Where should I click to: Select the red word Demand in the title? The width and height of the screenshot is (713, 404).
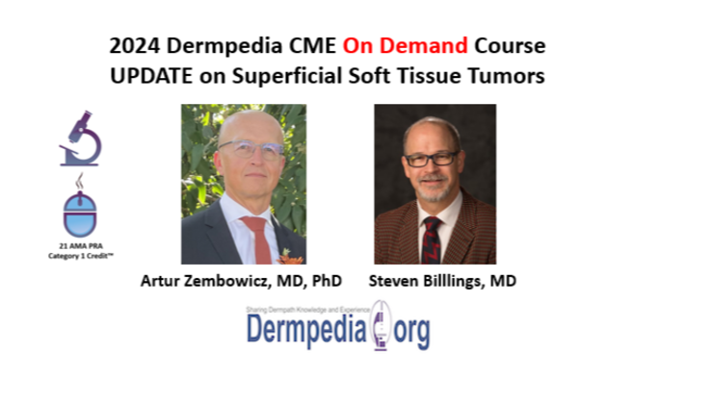pyautogui.click(x=431, y=45)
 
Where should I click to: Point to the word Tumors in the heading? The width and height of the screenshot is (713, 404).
pyautogui.click(x=510, y=75)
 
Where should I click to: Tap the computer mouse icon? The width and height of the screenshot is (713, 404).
pyautogui.click(x=80, y=209)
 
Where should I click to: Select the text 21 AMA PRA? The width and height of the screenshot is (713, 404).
pyautogui.click(x=81, y=246)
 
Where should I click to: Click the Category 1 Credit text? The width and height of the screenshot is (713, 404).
pyautogui.click(x=81, y=256)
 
